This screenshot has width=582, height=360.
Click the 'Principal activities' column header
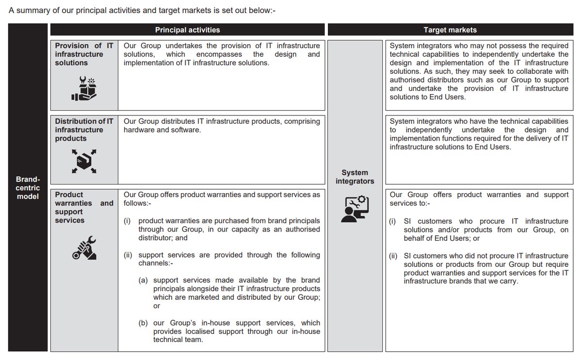(x=187, y=30)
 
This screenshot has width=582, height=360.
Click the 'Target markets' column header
(x=450, y=30)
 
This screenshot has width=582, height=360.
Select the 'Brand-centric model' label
(x=28, y=188)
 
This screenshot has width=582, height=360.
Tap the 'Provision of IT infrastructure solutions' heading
(x=84, y=54)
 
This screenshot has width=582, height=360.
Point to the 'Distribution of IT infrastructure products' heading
(x=84, y=130)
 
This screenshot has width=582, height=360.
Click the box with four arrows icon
(x=83, y=161)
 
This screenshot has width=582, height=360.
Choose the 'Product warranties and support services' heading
(x=84, y=207)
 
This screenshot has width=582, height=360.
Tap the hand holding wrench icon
(x=83, y=247)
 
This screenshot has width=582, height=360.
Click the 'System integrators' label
(x=355, y=177)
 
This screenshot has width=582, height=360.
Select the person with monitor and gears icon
(x=355, y=209)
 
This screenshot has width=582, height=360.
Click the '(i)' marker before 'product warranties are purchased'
(x=127, y=221)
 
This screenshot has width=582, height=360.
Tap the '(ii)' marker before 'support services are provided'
(x=128, y=255)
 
